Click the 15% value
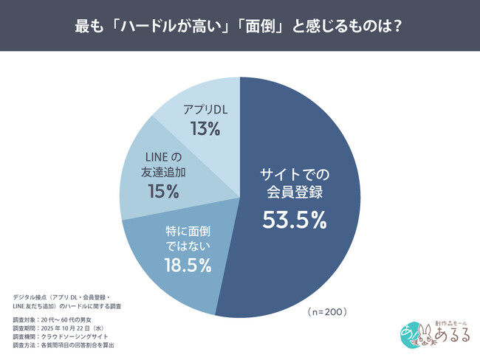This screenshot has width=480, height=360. (163, 192)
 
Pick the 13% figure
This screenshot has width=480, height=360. (205, 129)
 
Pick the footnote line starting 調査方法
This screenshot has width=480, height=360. (64, 345)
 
